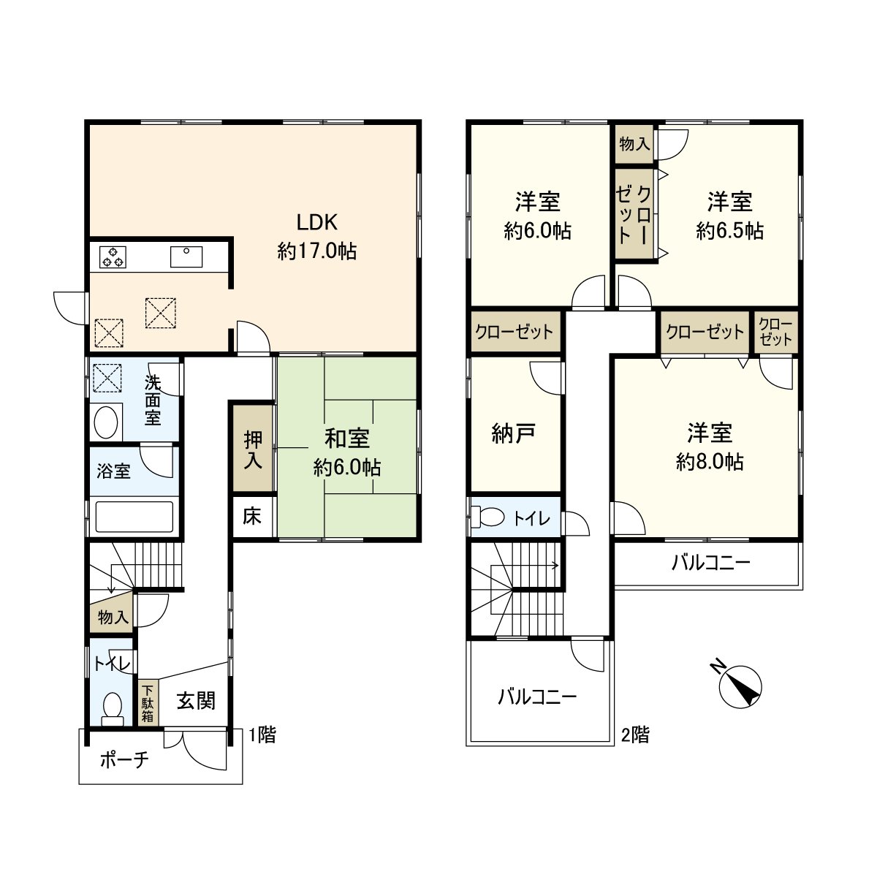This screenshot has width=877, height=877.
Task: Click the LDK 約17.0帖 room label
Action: (x=316, y=236)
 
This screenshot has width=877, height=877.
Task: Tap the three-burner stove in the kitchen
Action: (x=113, y=257)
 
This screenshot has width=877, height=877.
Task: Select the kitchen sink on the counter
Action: (x=187, y=257)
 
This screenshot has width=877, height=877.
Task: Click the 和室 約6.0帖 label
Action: (x=346, y=452)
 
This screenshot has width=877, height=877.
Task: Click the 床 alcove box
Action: (x=252, y=517)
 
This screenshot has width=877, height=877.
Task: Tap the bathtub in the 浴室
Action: (x=134, y=517)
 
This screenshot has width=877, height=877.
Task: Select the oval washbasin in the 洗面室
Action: (x=107, y=422)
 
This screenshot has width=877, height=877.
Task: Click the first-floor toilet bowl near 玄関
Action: (x=113, y=707)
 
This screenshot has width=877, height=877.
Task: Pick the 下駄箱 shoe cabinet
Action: (x=148, y=703)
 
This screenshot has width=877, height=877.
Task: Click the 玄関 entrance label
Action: (x=196, y=701)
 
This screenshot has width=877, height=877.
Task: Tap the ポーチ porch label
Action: (x=124, y=760)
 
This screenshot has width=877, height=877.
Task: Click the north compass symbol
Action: (x=740, y=686)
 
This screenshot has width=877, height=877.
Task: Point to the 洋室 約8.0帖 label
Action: (x=709, y=447)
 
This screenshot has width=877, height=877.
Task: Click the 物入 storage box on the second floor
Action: (x=634, y=143)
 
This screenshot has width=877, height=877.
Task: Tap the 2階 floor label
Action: (x=634, y=734)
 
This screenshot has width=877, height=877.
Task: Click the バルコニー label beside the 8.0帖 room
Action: (x=710, y=563)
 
